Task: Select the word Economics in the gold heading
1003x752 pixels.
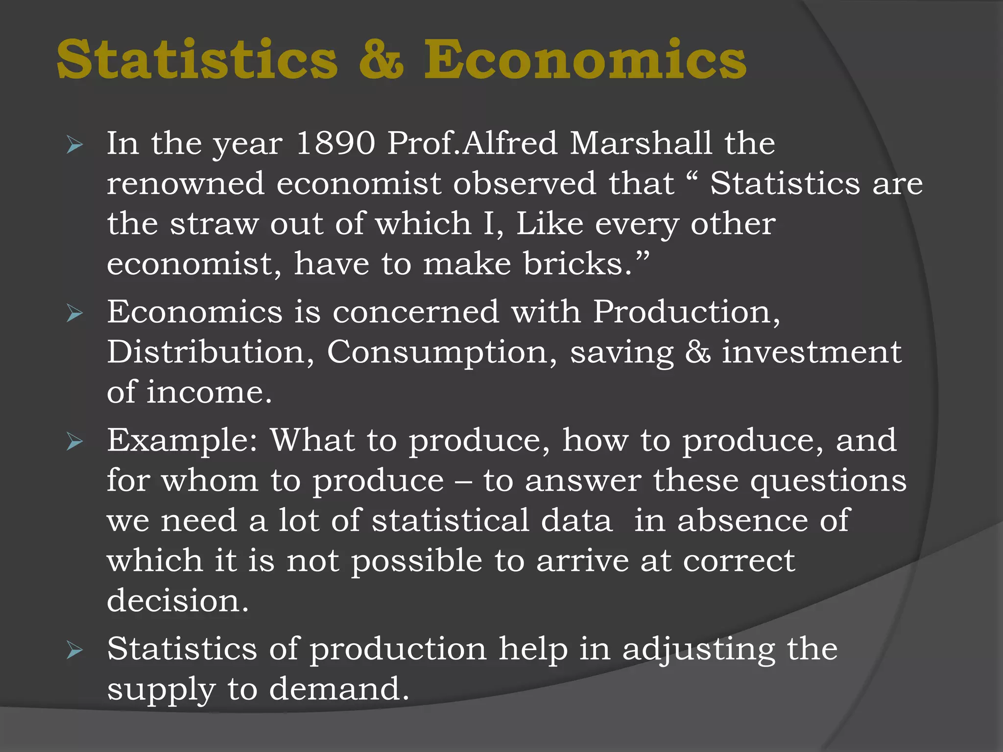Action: coord(585,60)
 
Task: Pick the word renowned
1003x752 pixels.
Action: coord(186,184)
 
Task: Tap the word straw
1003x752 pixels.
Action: coord(214,224)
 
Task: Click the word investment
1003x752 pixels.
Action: coord(812,352)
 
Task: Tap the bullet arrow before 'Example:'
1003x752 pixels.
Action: coord(74,442)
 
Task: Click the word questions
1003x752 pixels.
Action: coord(828,481)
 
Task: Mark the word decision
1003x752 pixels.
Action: coord(178,601)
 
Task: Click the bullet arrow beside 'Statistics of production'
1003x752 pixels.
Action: coord(74,651)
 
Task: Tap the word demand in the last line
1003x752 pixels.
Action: coord(339,689)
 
